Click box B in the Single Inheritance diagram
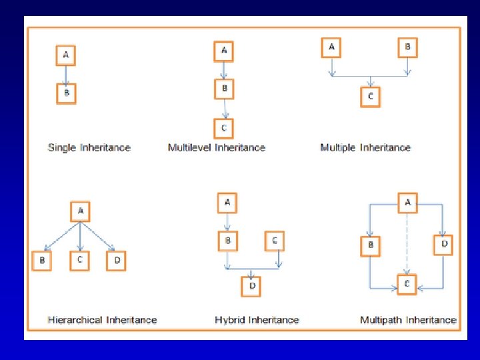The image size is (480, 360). click(x=66, y=94)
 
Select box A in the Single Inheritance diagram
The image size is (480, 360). click(x=66, y=55)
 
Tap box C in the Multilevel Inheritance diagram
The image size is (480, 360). click(x=224, y=129)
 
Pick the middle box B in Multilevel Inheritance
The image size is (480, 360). click(x=225, y=89)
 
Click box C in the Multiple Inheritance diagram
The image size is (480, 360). click(x=371, y=97)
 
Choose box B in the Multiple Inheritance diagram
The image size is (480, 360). click(x=408, y=48)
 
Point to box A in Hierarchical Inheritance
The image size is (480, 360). click(x=80, y=211)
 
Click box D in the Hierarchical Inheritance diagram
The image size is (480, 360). click(x=116, y=261)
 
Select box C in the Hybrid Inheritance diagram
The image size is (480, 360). click(x=275, y=241)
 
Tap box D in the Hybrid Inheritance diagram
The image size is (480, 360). click(x=251, y=287)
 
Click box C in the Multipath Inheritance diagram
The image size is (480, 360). click(x=407, y=285)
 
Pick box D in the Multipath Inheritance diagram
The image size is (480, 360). click(x=443, y=245)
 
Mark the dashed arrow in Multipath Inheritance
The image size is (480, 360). click(x=407, y=244)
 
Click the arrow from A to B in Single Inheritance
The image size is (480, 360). click(x=66, y=75)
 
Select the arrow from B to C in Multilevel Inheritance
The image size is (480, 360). click(x=225, y=109)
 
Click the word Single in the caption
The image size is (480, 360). click(x=62, y=147)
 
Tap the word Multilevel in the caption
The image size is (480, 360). click(x=189, y=147)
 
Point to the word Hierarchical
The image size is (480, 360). click(x=75, y=320)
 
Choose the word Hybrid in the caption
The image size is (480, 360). click(x=230, y=320)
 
